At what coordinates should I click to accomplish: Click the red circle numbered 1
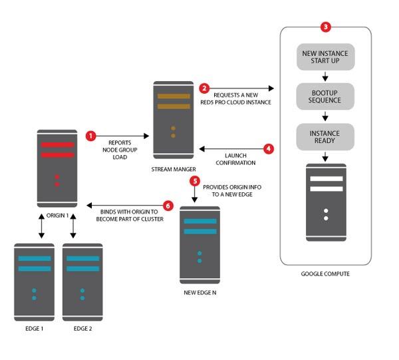pyautogui.click(x=91, y=136)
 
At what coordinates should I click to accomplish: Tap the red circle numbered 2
pyautogui.click(x=204, y=89)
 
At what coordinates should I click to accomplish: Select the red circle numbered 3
pyautogui.click(x=325, y=27)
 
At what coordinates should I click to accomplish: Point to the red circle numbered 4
pyautogui.click(x=269, y=148)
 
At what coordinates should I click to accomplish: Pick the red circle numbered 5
pyautogui.click(x=195, y=181)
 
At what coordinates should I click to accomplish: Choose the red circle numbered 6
pyautogui.click(x=168, y=206)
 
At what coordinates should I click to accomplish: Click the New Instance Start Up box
pyautogui.click(x=325, y=57)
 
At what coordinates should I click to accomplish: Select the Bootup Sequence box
pyautogui.click(x=325, y=96)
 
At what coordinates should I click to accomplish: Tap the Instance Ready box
pyautogui.click(x=325, y=137)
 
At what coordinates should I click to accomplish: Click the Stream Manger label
pyautogui.click(x=174, y=169)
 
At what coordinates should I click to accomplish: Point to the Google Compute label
pyautogui.click(x=325, y=273)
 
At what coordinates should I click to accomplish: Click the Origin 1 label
pyautogui.click(x=57, y=216)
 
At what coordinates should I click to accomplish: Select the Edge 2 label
pyautogui.click(x=82, y=329)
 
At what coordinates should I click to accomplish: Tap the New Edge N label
pyautogui.click(x=200, y=293)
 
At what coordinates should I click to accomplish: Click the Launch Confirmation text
pyautogui.click(x=235, y=159)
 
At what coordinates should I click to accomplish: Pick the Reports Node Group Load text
pyautogui.click(x=120, y=150)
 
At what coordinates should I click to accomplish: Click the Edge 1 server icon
pyautogui.click(x=34, y=282)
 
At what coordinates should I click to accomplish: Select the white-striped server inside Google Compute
pyautogui.click(x=326, y=202)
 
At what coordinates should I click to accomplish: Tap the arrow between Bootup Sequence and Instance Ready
pyautogui.click(x=325, y=116)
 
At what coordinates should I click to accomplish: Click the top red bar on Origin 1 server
pyautogui.click(x=57, y=145)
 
